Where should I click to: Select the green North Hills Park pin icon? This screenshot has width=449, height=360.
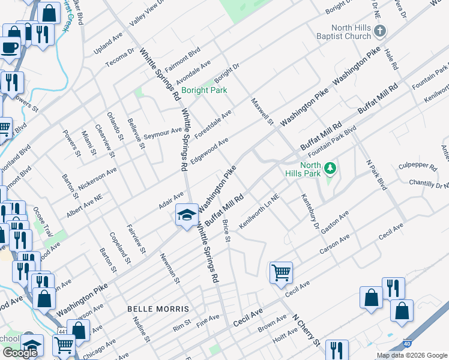tap(329, 170)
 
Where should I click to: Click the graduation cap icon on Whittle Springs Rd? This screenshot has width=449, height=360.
tap(187, 214)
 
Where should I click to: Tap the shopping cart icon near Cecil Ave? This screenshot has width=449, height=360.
tap(281, 272)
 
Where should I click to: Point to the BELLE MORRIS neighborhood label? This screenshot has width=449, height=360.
tap(158, 309)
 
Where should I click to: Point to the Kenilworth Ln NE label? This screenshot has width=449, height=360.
tap(259, 212)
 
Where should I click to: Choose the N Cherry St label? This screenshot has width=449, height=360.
tap(306, 331)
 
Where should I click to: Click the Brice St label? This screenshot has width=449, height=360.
tap(226, 232)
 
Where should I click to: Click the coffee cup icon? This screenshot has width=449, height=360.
tap(9, 47)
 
